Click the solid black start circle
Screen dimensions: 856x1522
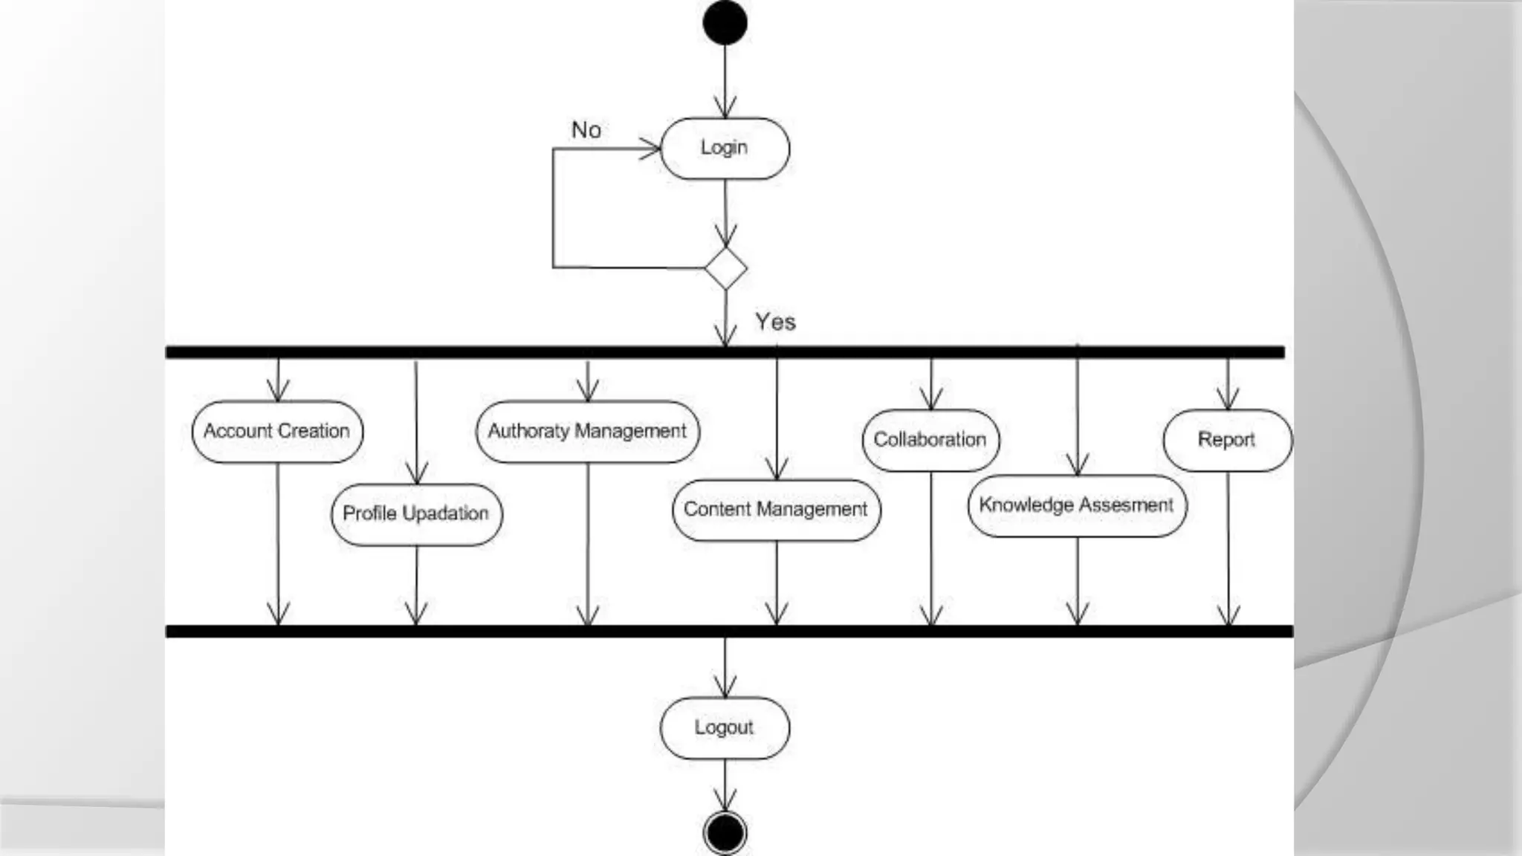(x=725, y=22)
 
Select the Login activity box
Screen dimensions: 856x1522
(x=725, y=148)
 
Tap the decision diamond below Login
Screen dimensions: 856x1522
(x=725, y=268)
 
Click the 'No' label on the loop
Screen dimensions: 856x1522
(x=586, y=130)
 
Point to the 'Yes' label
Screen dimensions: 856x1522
(x=775, y=322)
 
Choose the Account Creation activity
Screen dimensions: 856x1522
(x=277, y=431)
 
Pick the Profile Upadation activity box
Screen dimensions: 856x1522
(x=416, y=513)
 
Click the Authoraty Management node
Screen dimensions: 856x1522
(x=587, y=431)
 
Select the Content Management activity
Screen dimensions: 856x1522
(x=776, y=510)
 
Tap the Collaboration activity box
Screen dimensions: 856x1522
(x=930, y=440)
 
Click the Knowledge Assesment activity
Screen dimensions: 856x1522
(x=1077, y=505)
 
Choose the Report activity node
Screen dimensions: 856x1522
(x=1227, y=440)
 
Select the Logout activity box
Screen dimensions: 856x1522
(x=725, y=727)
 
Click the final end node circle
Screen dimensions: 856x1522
(x=725, y=832)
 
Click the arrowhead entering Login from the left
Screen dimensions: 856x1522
(x=651, y=149)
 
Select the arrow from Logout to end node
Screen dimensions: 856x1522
(x=725, y=784)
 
